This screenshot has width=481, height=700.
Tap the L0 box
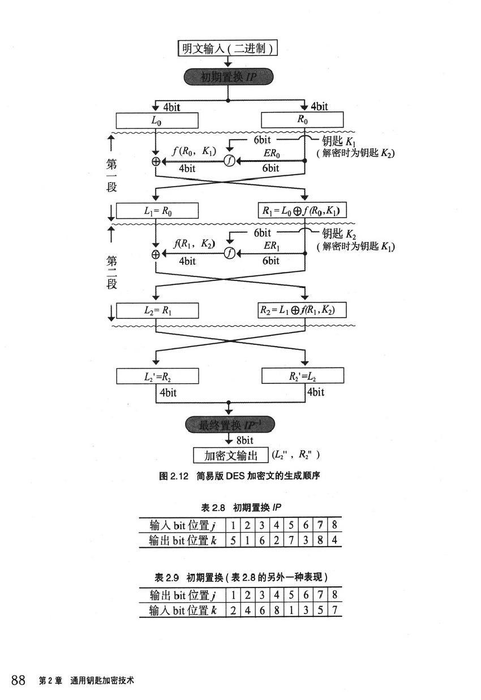[x=157, y=120]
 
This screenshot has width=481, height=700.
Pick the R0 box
[x=302, y=120]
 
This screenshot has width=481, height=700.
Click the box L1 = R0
[x=157, y=211]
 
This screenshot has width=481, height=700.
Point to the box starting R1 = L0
[x=302, y=211]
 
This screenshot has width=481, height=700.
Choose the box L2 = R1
[x=157, y=310]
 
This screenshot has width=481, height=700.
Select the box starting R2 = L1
[x=302, y=310]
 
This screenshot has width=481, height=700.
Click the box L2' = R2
[x=157, y=375]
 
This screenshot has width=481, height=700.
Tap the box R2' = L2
[x=302, y=375]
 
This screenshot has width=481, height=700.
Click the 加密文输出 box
[x=230, y=455]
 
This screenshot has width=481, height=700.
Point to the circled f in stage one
[x=229, y=161]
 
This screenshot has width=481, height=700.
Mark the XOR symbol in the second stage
[x=156, y=254]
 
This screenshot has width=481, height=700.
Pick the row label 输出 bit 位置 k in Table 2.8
[x=183, y=540]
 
